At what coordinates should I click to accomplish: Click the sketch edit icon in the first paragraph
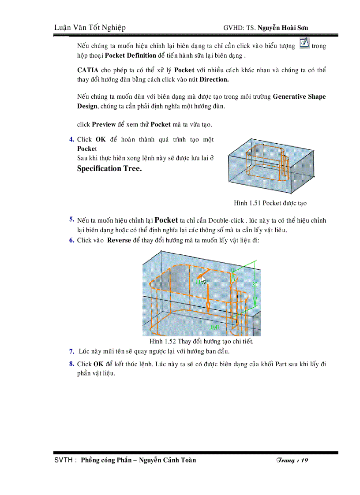(304, 44)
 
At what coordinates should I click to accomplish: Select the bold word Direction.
(214, 80)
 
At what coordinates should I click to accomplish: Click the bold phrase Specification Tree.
(109, 168)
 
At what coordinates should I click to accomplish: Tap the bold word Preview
(104, 124)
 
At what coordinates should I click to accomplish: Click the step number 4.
(71, 140)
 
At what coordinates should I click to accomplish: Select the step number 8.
(71, 364)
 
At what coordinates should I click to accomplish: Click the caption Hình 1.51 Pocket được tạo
(270, 203)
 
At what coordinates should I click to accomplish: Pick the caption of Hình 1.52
(202, 342)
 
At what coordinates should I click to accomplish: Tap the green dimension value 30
(255, 285)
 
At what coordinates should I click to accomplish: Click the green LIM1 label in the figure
(214, 327)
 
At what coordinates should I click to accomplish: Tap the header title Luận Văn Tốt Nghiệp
(90, 28)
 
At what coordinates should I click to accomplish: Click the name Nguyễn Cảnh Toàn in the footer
(168, 460)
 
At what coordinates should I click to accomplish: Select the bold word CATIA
(88, 70)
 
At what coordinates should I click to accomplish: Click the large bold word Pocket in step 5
(166, 220)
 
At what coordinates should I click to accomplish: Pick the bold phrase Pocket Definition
(131, 56)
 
